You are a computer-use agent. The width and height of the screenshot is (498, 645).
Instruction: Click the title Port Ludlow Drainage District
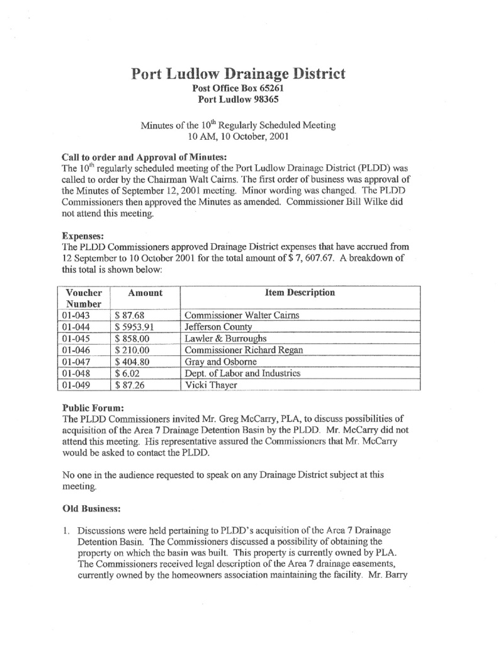coord(239,74)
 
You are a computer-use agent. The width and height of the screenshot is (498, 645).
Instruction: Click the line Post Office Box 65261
coord(239,89)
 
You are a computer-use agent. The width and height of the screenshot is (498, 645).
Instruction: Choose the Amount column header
coord(145,293)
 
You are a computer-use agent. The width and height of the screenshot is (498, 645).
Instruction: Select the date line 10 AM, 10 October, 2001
coord(239,137)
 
